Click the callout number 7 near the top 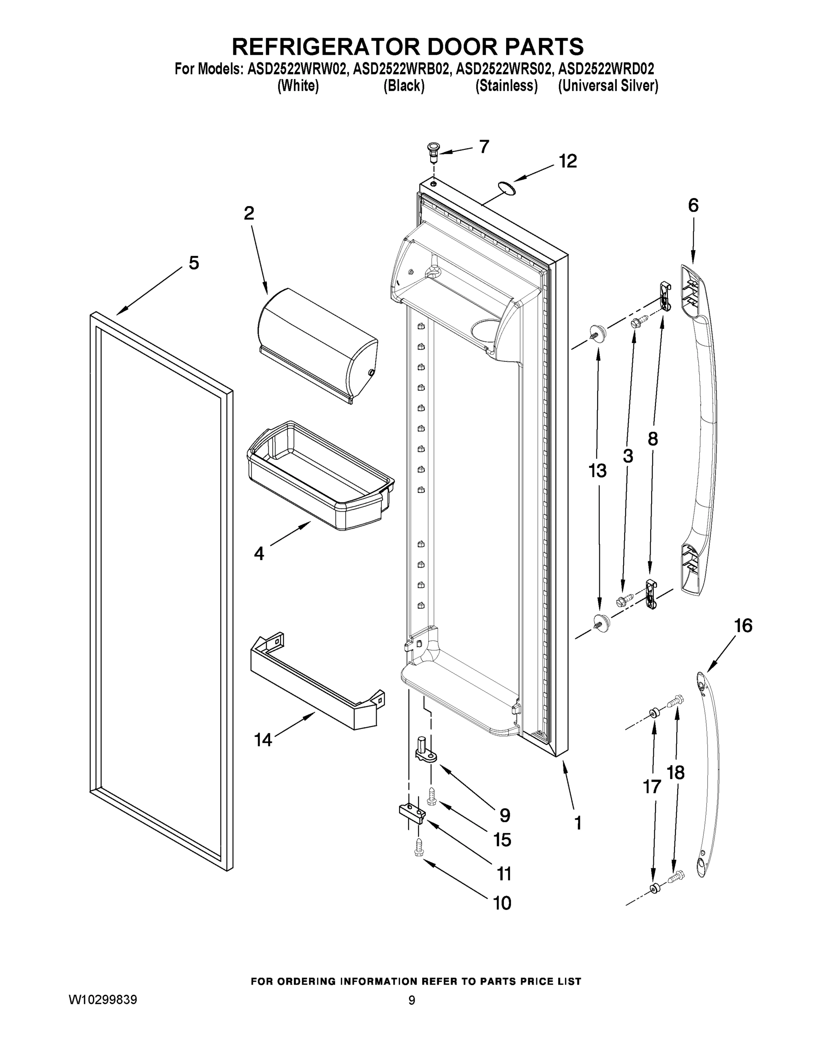[x=484, y=147]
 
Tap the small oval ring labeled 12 [x=505, y=187]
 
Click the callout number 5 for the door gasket [x=194, y=263]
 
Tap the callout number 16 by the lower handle [x=743, y=626]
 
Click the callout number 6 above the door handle [x=693, y=206]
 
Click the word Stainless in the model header [x=506, y=86]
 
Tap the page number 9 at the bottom [x=412, y=1000]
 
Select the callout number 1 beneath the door [x=578, y=823]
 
